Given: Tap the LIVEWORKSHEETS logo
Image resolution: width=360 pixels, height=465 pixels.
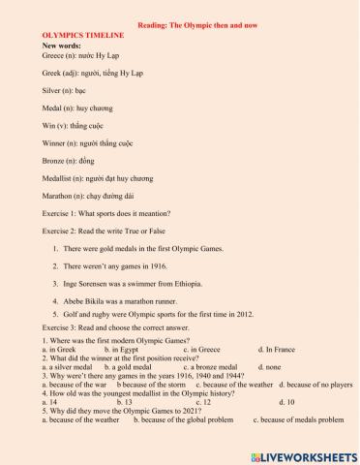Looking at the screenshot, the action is point(304,454).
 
